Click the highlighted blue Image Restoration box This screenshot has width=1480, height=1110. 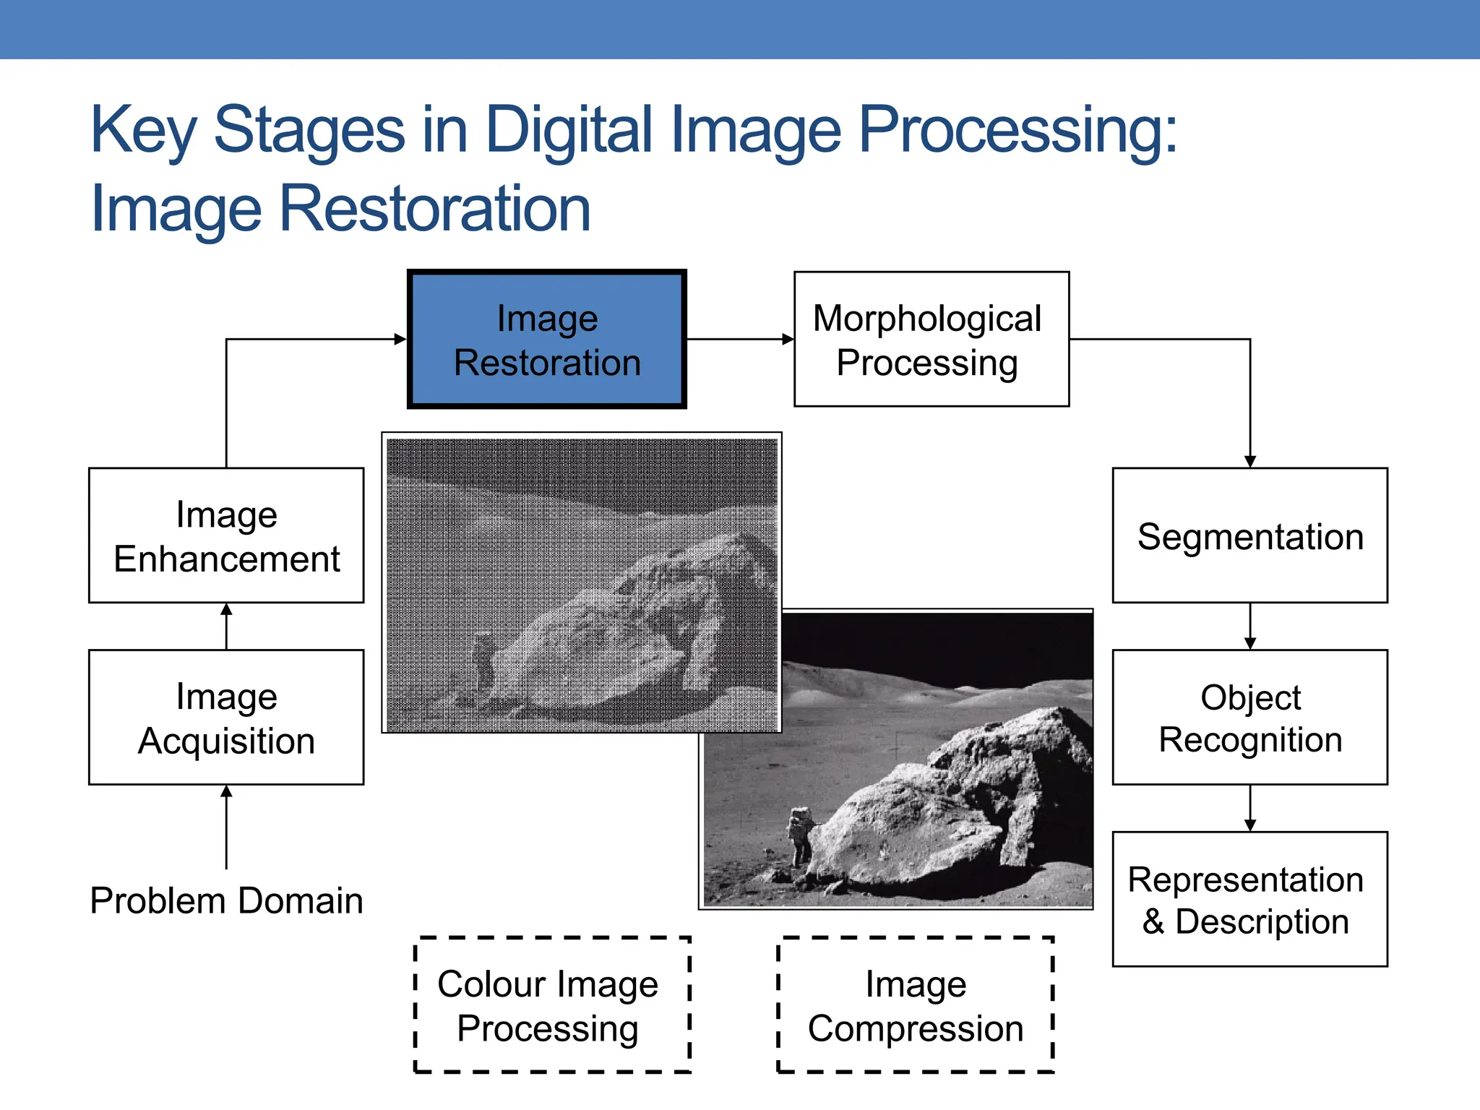pyautogui.click(x=546, y=340)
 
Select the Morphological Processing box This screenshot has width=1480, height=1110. pyautogui.click(x=931, y=340)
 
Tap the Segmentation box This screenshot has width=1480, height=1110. pyautogui.click(x=1249, y=535)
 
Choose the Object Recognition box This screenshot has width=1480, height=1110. pyautogui.click(x=1249, y=717)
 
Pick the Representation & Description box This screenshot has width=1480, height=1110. pyautogui.click(x=1249, y=899)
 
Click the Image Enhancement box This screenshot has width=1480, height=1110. pyautogui.click(x=226, y=535)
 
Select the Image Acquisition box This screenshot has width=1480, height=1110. pyautogui.click(x=226, y=717)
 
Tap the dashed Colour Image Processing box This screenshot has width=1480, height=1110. pyautogui.click(x=552, y=1004)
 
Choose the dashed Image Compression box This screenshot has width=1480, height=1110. pyautogui.click(x=915, y=1004)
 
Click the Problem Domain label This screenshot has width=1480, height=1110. pyautogui.click(x=226, y=900)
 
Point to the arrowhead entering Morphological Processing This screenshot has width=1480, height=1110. pyautogui.click(x=788, y=339)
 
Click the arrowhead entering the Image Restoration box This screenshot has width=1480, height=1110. pyautogui.click(x=400, y=339)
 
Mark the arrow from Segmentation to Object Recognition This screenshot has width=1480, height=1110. pyautogui.click(x=1249, y=627)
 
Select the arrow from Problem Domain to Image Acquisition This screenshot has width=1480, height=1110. pyautogui.click(x=226, y=827)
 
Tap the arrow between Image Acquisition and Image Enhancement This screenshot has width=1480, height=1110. pyautogui.click(x=226, y=626)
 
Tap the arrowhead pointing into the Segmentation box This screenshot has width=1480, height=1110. pyautogui.click(x=1249, y=461)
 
